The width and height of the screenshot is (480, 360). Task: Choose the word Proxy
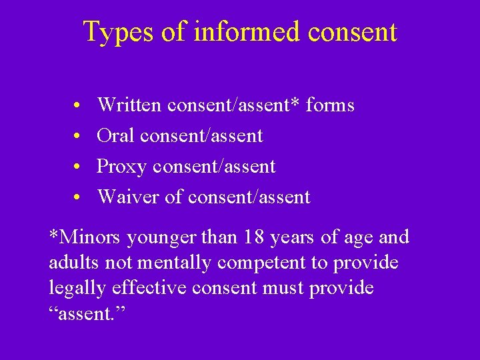point(121,167)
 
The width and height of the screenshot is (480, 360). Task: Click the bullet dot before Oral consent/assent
point(78,137)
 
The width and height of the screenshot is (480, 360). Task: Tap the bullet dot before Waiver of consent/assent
point(78,198)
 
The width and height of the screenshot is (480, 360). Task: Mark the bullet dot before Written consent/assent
point(78,106)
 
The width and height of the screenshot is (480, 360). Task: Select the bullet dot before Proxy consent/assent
point(78,167)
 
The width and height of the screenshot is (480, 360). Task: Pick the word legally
point(74,289)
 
